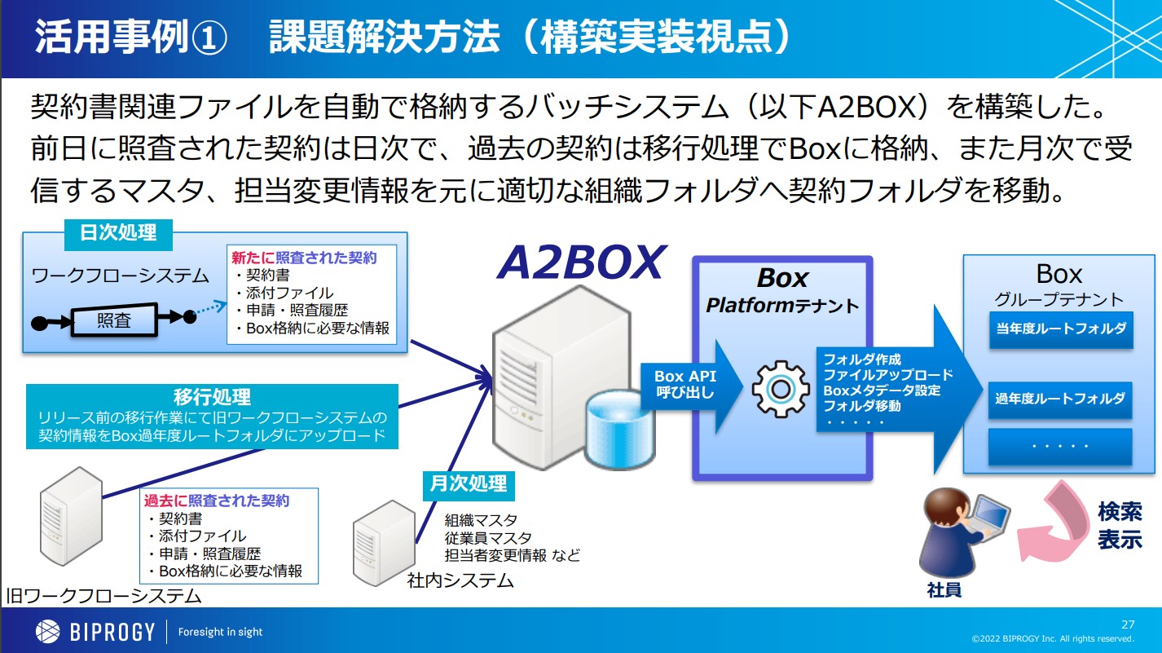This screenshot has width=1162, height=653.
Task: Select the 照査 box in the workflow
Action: [x=113, y=320]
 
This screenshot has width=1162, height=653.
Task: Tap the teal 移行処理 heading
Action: [x=212, y=397]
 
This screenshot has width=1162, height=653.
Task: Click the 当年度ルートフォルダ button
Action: [x=1060, y=329]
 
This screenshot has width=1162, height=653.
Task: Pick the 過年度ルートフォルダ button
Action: [x=1060, y=399]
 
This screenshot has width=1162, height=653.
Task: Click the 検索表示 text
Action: [x=1119, y=526]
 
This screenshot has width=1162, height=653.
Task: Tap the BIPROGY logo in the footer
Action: [x=95, y=631]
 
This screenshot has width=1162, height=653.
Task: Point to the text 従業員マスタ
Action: [x=487, y=538]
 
